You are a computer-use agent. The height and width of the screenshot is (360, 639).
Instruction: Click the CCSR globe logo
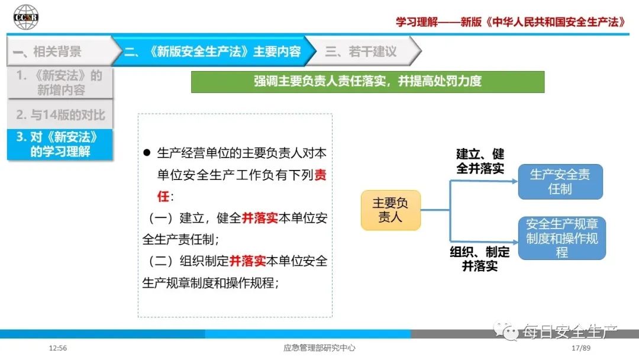25,17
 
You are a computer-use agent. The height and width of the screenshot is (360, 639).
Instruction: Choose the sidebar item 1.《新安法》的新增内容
60,83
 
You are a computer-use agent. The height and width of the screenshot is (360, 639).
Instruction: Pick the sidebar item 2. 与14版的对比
60,114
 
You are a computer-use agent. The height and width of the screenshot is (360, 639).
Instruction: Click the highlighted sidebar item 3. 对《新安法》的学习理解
60,144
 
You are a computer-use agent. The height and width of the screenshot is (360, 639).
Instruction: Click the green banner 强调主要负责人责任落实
367,82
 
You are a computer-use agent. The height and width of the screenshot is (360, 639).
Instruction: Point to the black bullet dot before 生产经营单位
147,153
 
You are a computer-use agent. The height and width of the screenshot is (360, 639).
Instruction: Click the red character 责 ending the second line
320,175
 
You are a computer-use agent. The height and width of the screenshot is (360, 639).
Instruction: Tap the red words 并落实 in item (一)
260,218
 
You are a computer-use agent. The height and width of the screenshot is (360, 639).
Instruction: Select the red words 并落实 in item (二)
248,261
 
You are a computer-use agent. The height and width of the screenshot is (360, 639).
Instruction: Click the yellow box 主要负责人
390,210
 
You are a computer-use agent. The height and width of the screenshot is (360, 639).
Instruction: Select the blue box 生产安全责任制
560,181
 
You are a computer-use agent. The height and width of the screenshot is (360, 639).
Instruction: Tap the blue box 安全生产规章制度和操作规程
562,238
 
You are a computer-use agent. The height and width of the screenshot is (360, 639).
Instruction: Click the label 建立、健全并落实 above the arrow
480,161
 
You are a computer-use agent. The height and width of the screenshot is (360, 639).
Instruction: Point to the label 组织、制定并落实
480,259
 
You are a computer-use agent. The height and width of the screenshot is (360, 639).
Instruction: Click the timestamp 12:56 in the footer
58,348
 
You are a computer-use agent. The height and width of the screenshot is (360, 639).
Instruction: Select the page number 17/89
581,348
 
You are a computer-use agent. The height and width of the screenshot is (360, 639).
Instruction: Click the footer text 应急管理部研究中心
319,348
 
